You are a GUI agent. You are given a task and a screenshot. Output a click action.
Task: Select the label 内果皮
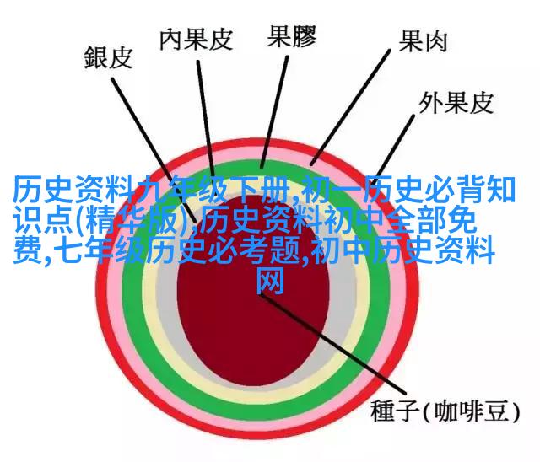(197, 39)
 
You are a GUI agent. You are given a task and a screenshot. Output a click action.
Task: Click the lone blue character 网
(271, 282)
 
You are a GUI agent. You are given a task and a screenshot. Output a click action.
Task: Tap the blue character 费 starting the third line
(27, 250)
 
